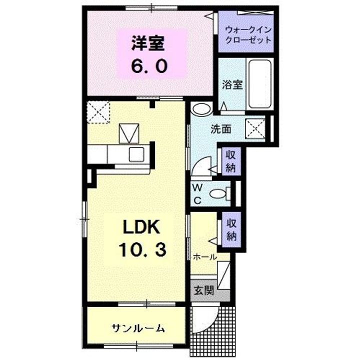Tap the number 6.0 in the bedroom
point(149,65)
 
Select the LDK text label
point(141,228)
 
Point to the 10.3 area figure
point(142,248)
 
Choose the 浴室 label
point(232,84)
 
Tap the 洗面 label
point(220,128)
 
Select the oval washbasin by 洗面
point(202,109)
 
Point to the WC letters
point(198,194)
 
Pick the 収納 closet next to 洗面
point(230,161)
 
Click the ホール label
point(204,257)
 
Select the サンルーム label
point(137,328)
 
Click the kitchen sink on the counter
point(136,153)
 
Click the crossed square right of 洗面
point(255,129)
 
